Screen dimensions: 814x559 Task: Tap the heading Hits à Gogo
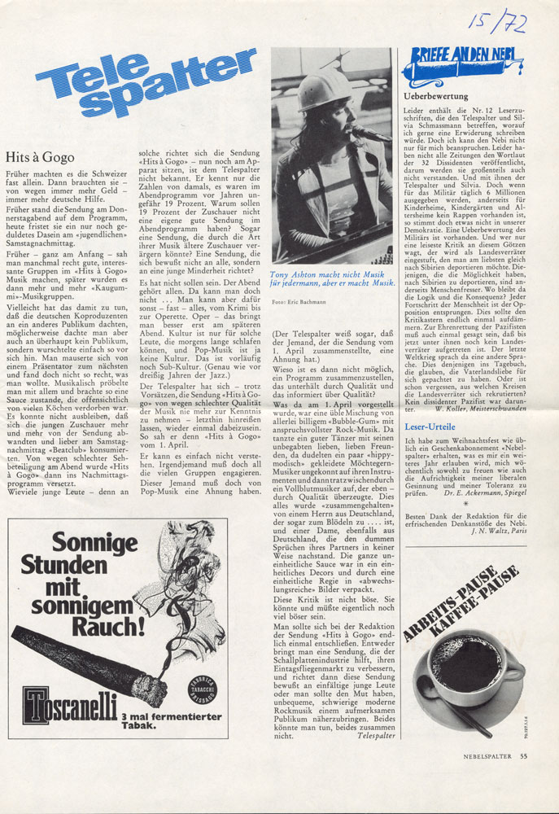coord(40,156)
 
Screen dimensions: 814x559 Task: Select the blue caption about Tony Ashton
coord(331,280)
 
